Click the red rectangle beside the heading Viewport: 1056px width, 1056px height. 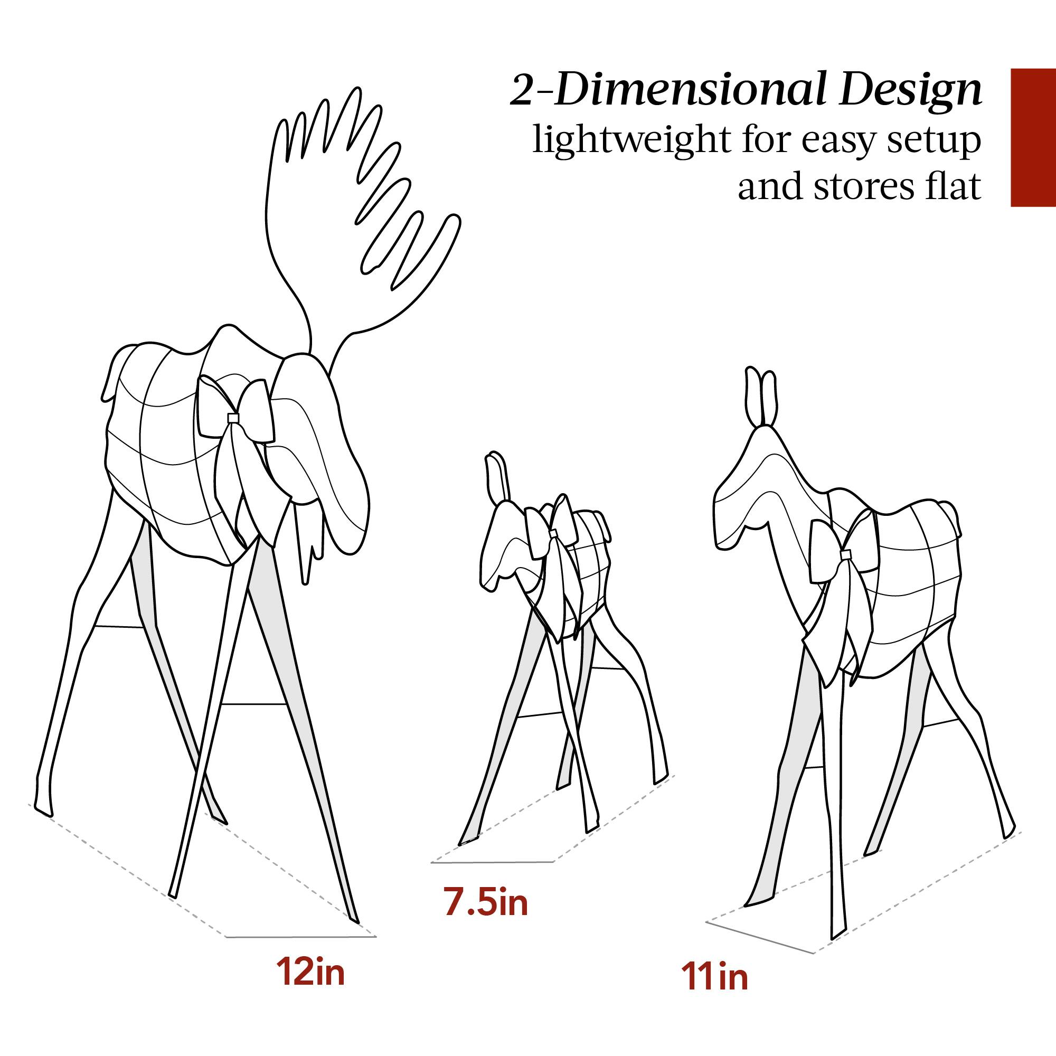tap(1032, 137)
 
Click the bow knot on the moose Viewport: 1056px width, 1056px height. tap(234, 418)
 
